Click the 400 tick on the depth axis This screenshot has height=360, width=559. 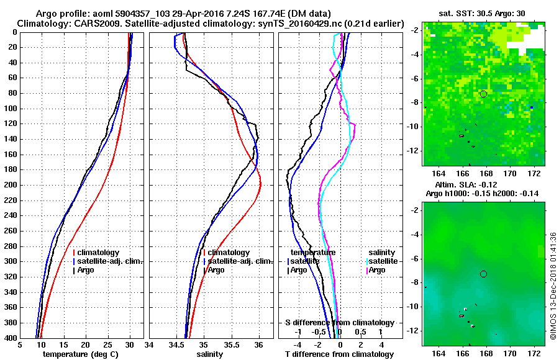(11, 338)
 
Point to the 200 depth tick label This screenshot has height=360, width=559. (11, 185)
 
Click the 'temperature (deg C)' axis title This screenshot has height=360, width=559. (81, 354)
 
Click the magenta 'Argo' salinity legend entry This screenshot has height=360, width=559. (378, 270)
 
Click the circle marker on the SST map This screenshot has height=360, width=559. (483, 94)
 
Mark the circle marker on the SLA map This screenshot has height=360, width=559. (483, 274)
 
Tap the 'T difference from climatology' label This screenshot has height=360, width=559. (339, 354)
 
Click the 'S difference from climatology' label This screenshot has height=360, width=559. (339, 323)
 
